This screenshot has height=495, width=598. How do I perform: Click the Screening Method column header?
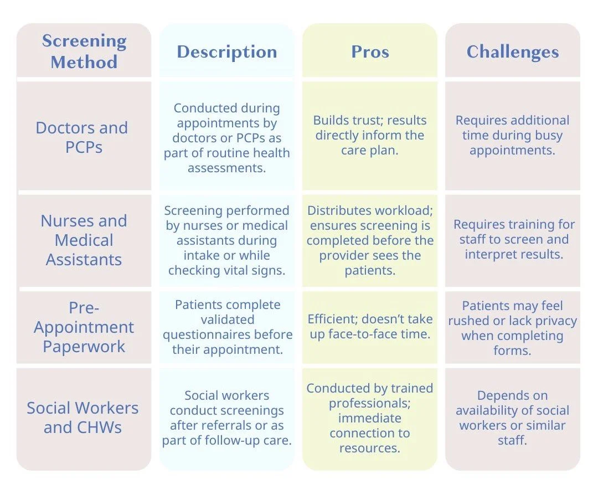point(84,51)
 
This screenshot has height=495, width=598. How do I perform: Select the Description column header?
point(227,51)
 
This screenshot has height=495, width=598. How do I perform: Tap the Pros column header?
point(370,51)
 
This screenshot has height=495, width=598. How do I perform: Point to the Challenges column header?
point(513,51)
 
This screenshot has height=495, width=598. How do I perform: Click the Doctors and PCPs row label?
point(82,137)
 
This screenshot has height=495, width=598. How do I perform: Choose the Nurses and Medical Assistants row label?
point(84,240)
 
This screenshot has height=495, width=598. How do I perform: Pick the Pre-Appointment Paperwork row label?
point(84,327)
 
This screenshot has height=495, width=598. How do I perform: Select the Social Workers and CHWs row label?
point(83,417)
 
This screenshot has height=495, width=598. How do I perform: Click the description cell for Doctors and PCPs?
point(227,138)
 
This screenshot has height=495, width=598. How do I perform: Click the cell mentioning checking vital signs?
point(227,240)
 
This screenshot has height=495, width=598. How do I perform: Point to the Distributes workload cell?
point(370,240)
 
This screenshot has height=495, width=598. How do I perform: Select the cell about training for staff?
point(514,239)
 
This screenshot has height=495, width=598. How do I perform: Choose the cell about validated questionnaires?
point(227,327)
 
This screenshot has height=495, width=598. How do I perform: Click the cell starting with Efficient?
point(370,327)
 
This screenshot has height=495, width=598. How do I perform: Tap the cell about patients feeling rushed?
point(513,328)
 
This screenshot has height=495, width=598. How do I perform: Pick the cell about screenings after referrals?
point(227,418)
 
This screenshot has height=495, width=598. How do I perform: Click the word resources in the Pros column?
point(369,448)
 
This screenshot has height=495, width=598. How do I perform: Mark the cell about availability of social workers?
point(513,418)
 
